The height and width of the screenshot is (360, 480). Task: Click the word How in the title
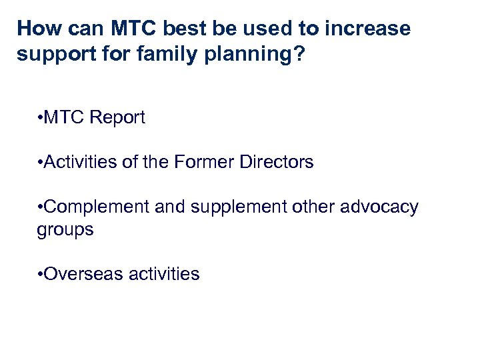[x=38, y=29]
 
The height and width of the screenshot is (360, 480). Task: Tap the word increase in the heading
[x=368, y=29]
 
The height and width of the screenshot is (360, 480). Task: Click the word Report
[x=117, y=118]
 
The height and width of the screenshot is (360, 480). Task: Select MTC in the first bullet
[x=65, y=118]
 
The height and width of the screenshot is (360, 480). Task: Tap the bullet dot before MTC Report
[x=41, y=119]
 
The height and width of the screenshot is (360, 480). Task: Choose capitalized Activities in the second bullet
[x=79, y=162]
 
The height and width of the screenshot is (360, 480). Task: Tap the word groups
[x=65, y=230]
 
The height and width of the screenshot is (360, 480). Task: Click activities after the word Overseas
[x=163, y=274]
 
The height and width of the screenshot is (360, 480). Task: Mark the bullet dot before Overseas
[x=41, y=275]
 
